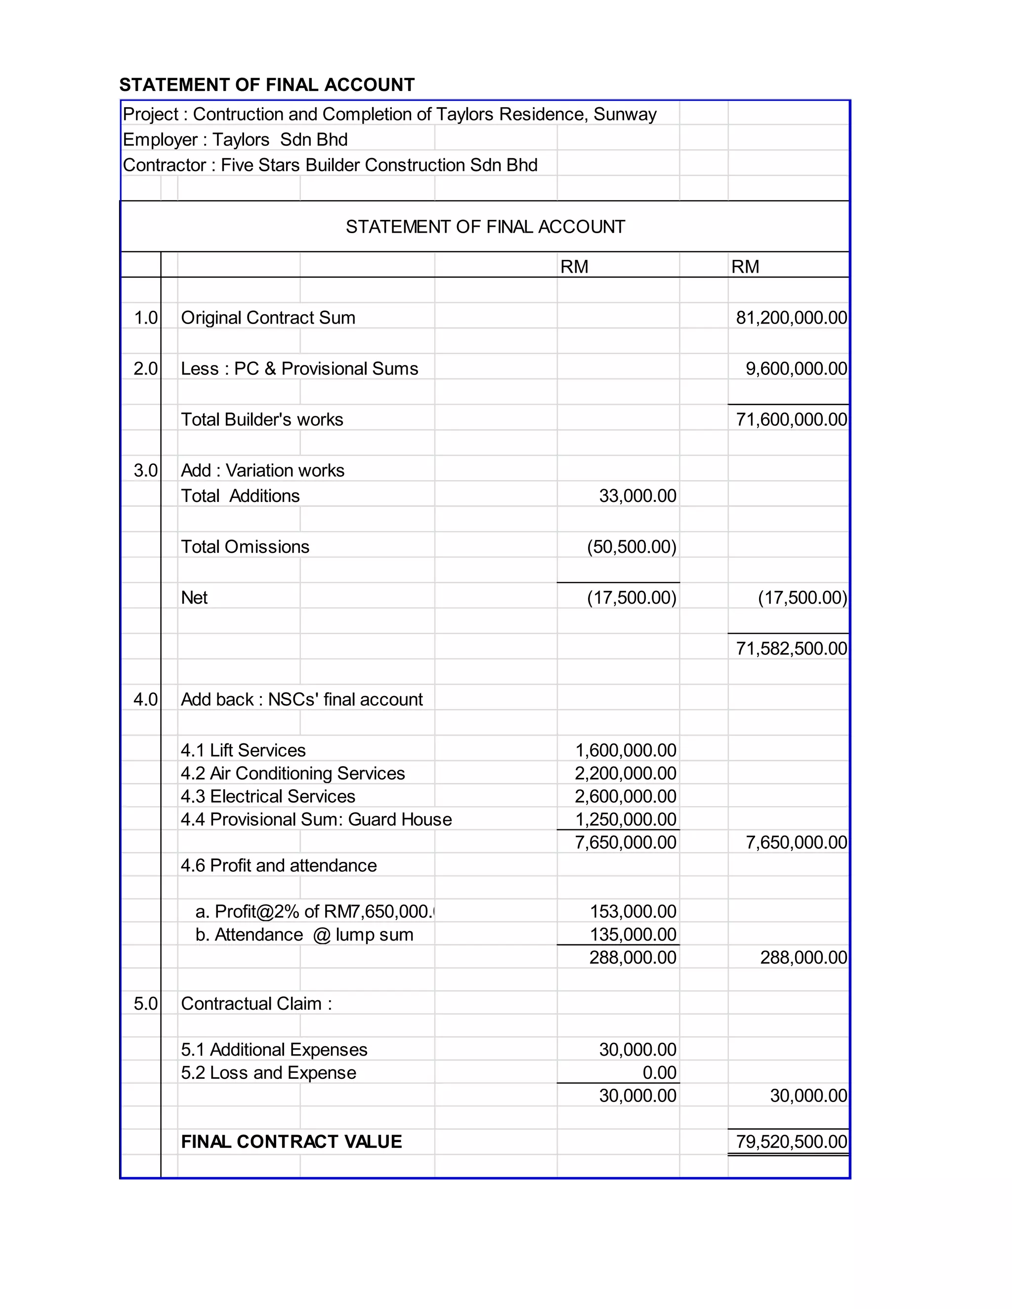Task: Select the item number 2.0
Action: pyautogui.click(x=146, y=368)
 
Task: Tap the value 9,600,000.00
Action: pyautogui.click(x=796, y=368)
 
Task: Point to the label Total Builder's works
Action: pyautogui.click(x=262, y=419)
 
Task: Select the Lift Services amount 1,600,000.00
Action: pyautogui.click(x=625, y=750)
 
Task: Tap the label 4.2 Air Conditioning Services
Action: pyautogui.click(x=293, y=773)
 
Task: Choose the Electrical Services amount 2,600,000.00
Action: pyautogui.click(x=625, y=797)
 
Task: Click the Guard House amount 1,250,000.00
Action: pyautogui.click(x=625, y=819)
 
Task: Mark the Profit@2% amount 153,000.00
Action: pyautogui.click(x=632, y=912)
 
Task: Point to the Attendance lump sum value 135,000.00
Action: pyautogui.click(x=632, y=935)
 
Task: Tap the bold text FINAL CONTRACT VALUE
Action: pyautogui.click(x=292, y=1142)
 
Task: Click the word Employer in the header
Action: pyautogui.click(x=160, y=140)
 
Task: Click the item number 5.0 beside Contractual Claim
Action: pyautogui.click(x=146, y=1004)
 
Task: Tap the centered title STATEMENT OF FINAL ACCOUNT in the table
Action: pyautogui.click(x=485, y=227)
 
